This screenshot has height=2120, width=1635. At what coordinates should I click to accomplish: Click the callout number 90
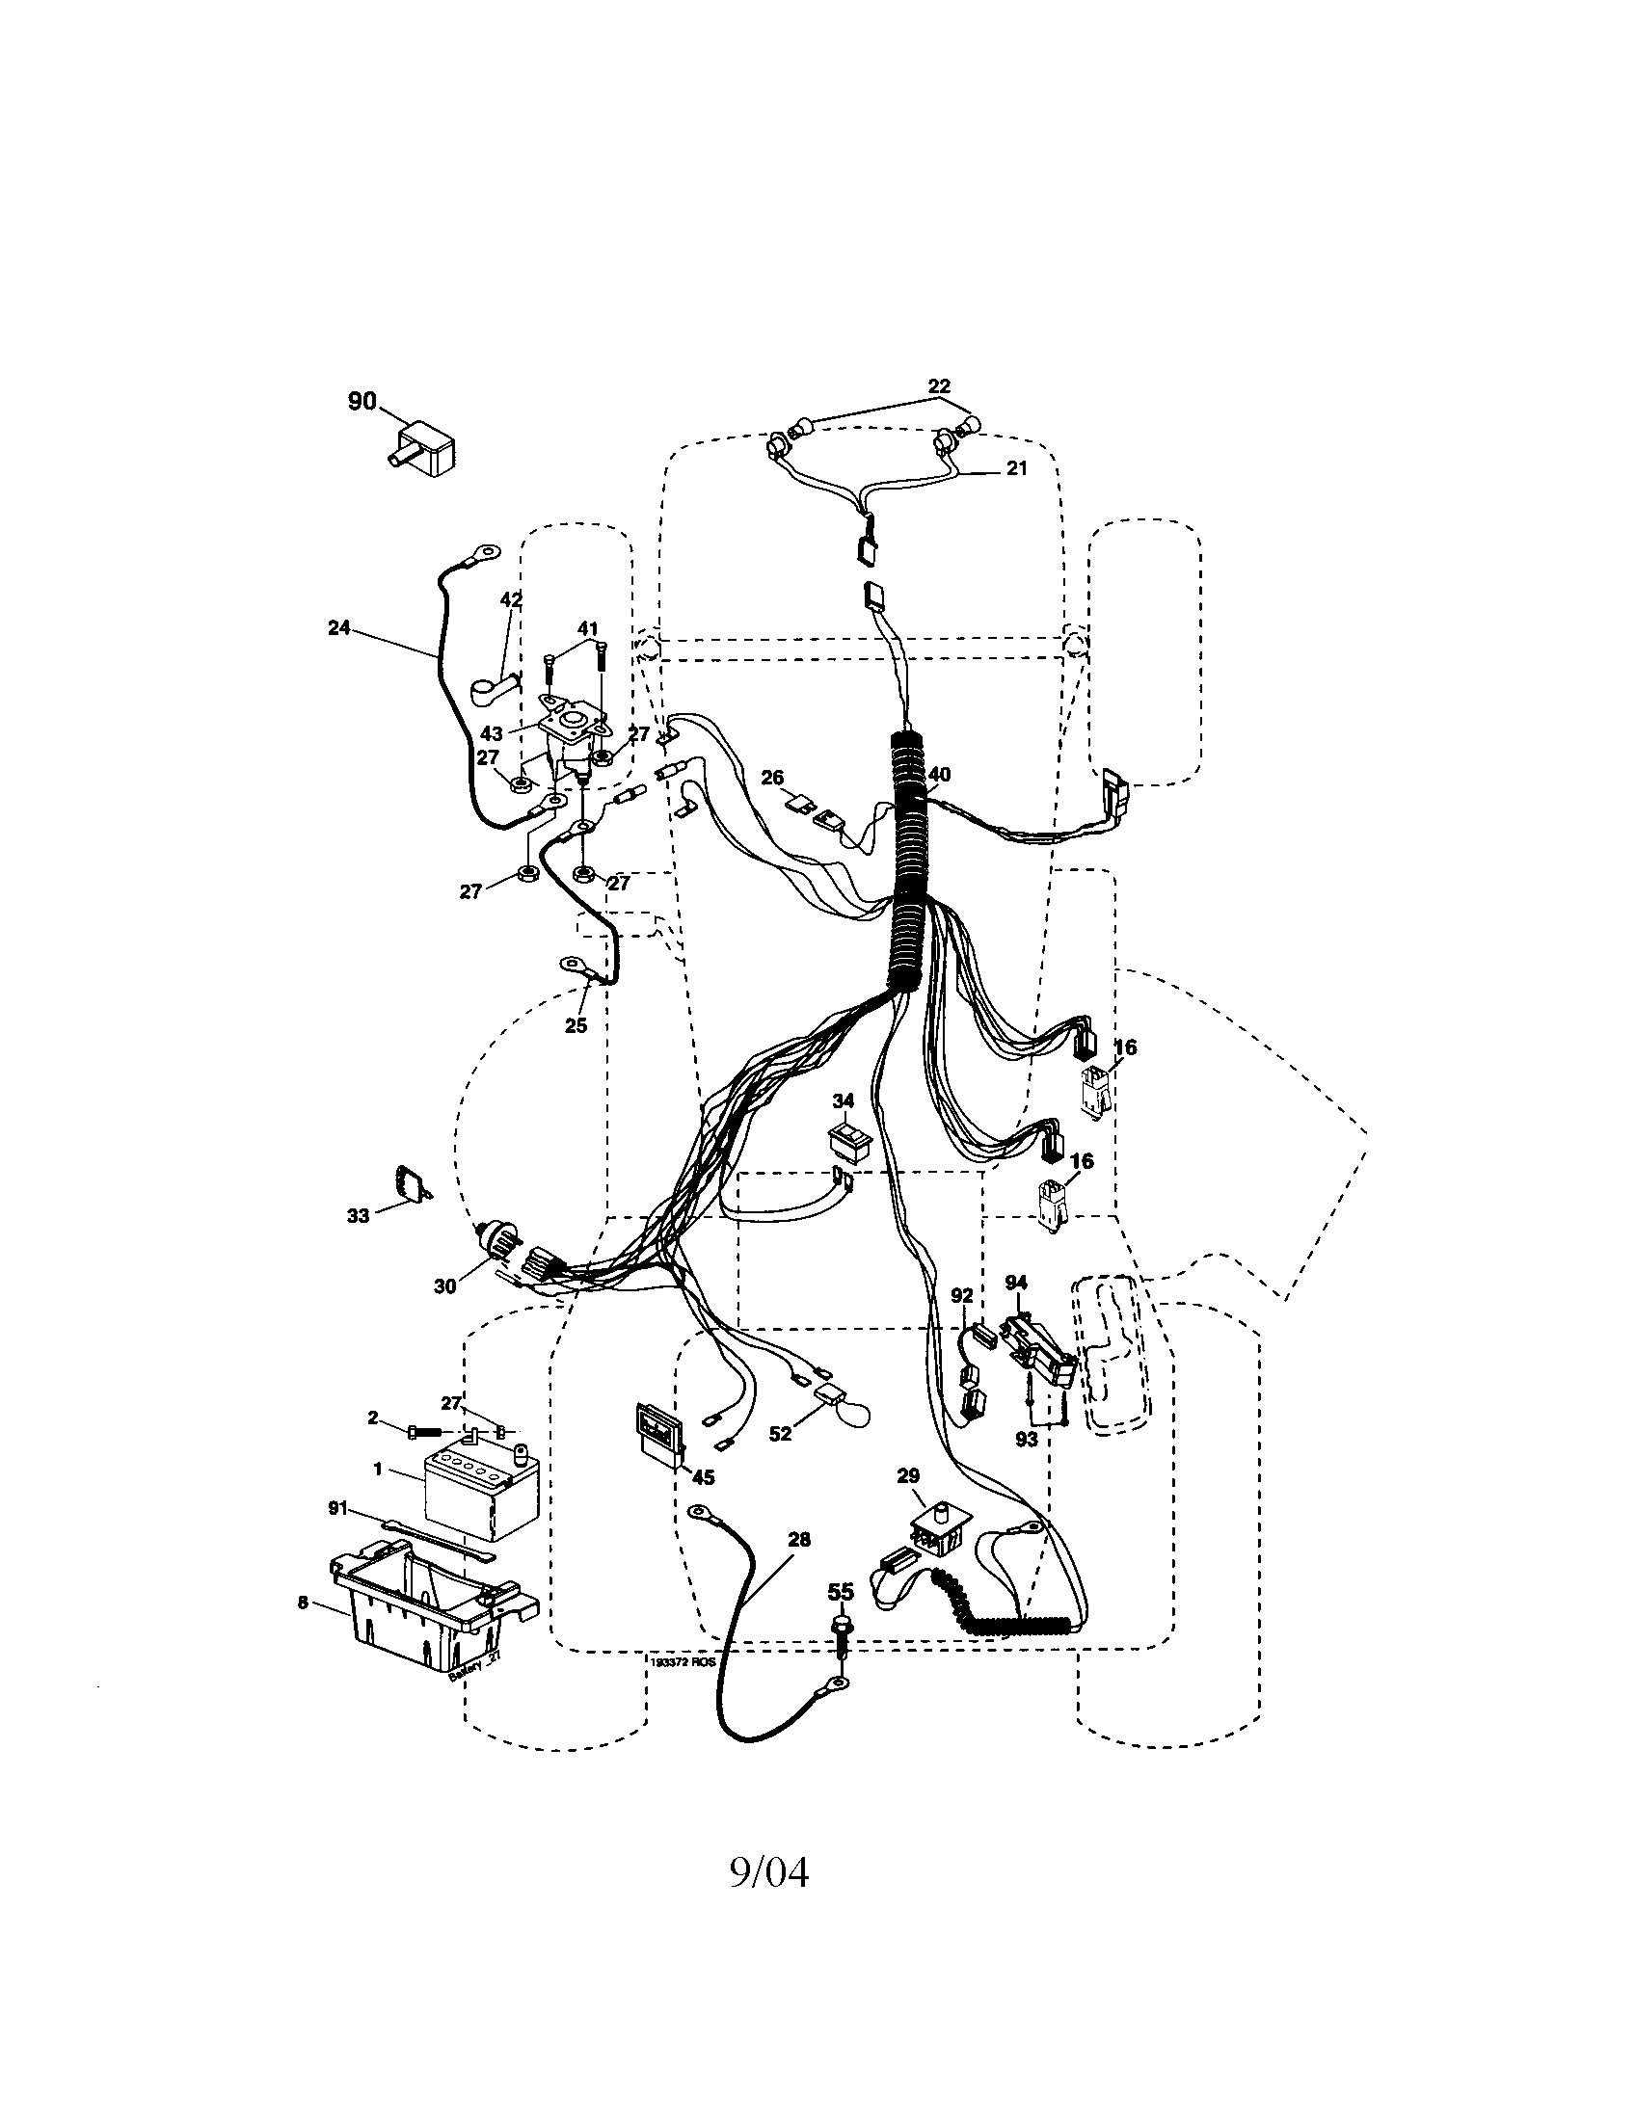click(x=362, y=401)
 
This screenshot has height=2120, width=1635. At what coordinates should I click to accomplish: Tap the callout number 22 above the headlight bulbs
click(x=938, y=386)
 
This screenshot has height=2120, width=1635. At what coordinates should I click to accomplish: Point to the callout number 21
click(x=1015, y=469)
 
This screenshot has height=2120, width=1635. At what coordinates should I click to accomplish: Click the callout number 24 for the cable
click(x=338, y=628)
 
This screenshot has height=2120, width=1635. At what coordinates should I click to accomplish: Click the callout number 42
click(x=511, y=600)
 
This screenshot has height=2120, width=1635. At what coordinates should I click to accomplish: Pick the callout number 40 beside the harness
click(x=939, y=775)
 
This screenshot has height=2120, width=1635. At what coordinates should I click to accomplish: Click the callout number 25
click(x=576, y=1025)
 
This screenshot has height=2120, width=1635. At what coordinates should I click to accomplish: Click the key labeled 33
click(x=410, y=1184)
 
